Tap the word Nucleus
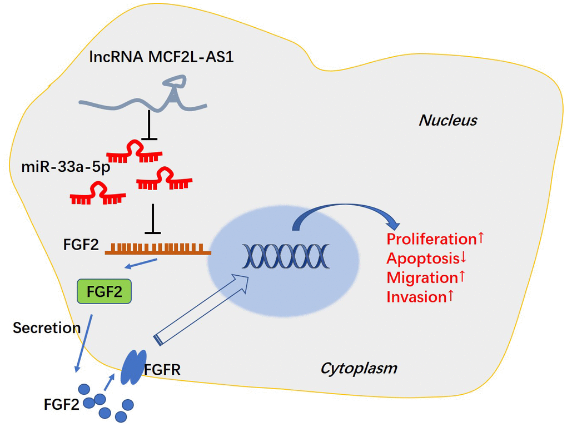tap(447, 120)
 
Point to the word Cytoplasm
tap(359, 368)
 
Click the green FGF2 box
tap(104, 291)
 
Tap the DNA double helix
tap(285, 256)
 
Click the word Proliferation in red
tap(431, 240)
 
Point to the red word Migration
tap(421, 277)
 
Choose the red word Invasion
tap(416, 296)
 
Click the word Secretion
tap(47, 327)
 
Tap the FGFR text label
tap(162, 369)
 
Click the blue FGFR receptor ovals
tap(133, 367)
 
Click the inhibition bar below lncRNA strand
tap(149, 127)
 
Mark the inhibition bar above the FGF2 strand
tap(152, 219)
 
